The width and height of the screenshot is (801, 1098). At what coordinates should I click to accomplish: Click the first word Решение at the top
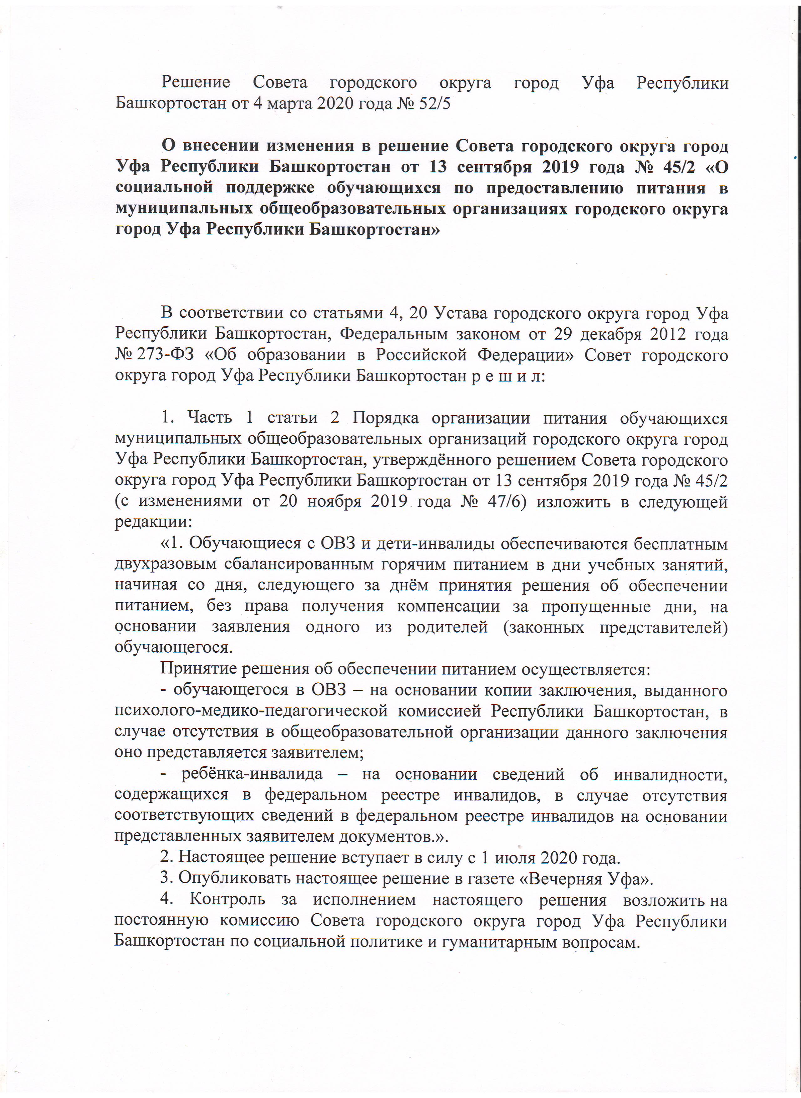(196, 82)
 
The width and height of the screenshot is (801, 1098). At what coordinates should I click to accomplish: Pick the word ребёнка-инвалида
(252, 774)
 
